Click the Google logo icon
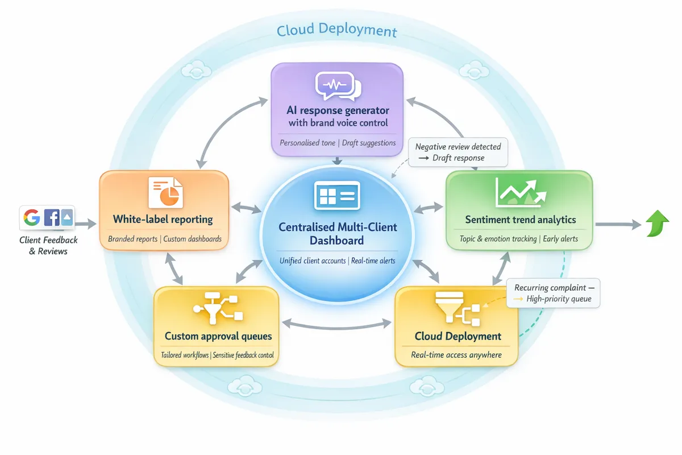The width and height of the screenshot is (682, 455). pos(32,218)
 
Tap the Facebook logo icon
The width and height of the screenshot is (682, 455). pos(51,218)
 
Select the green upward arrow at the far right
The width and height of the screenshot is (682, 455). pos(658,225)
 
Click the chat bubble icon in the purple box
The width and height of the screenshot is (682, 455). pos(338,86)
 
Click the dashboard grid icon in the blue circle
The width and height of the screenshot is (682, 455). pos(336,196)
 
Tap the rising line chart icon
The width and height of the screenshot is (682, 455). pos(519,192)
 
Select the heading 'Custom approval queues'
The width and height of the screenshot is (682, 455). pos(218,336)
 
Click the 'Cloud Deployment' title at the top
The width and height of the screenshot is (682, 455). pos(336,30)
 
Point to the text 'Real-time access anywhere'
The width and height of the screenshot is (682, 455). pos(456,355)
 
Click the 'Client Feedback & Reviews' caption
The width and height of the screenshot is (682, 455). pos(48,246)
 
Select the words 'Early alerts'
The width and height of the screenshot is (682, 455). pos(560,239)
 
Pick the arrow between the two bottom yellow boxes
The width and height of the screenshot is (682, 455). pos(336,324)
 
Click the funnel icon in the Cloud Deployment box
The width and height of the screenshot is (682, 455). pos(442,307)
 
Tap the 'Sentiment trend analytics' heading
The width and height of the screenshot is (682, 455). pos(520,220)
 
